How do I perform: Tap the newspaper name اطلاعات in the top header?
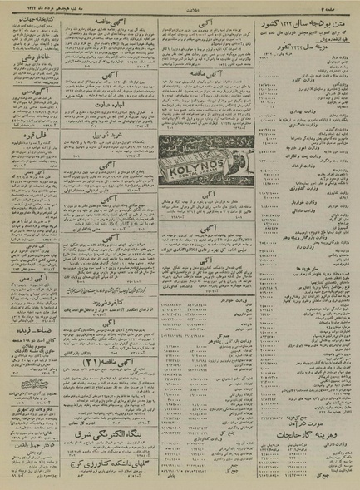click(x=180, y=7)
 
